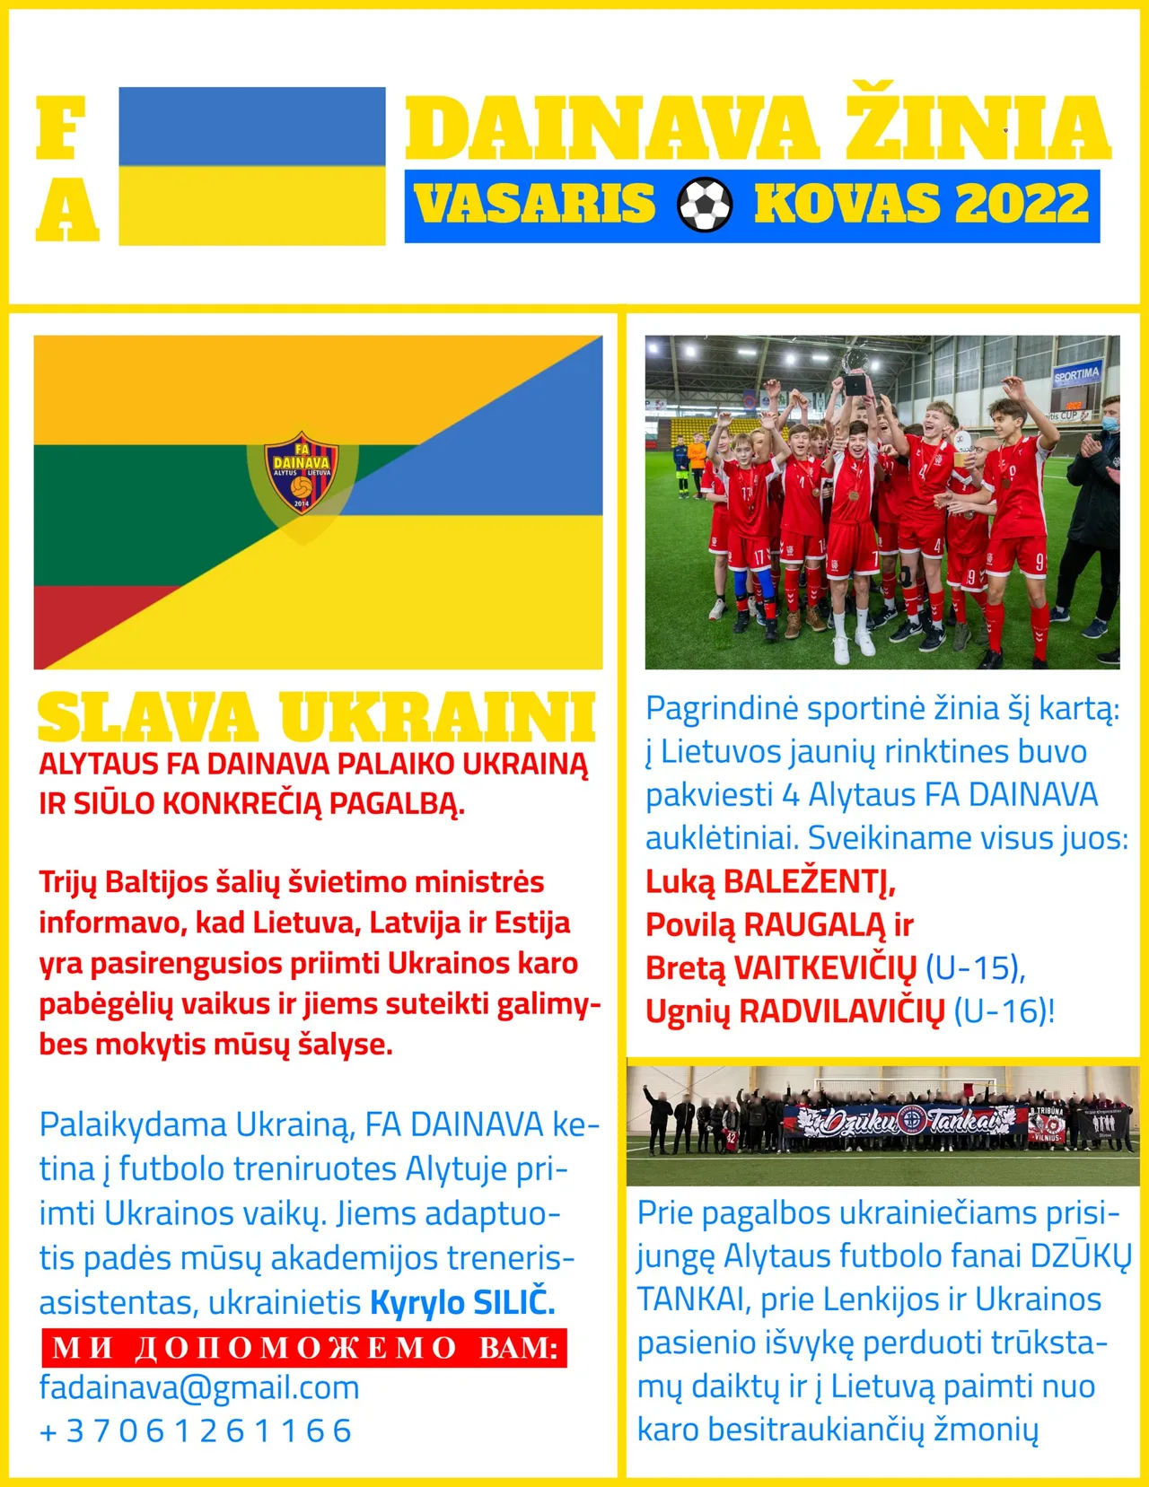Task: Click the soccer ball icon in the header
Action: click(x=705, y=204)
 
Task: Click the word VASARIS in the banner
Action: click(x=535, y=204)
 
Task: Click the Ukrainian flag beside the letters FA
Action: click(x=252, y=166)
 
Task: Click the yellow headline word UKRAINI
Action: click(x=438, y=718)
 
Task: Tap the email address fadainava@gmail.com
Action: click(x=199, y=1387)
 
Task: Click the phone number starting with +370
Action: click(x=196, y=1430)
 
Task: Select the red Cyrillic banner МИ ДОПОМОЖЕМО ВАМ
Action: click(x=304, y=1347)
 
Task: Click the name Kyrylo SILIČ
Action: click(x=462, y=1302)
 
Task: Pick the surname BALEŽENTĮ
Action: click(x=809, y=882)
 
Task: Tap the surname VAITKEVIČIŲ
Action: click(x=825, y=968)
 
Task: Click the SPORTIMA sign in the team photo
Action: click(x=1076, y=374)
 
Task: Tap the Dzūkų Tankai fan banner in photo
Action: click(x=907, y=1120)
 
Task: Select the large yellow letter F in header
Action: click(x=61, y=128)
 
